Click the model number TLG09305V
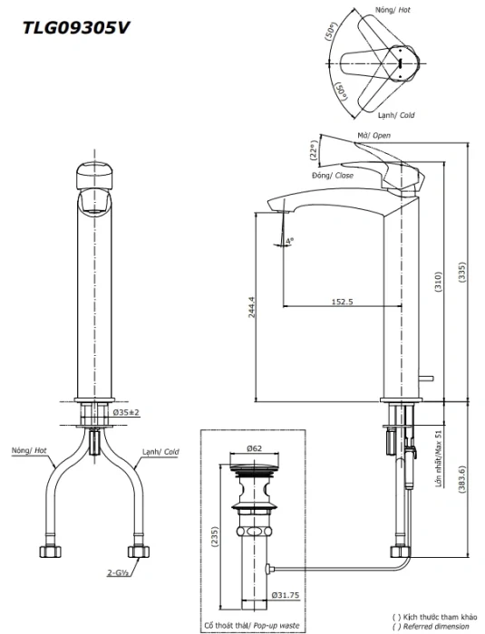(76, 28)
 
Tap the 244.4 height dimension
(252, 308)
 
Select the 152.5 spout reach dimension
(342, 302)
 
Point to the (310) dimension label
(439, 282)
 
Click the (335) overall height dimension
(462, 273)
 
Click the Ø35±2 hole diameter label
(126, 412)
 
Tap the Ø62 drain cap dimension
(254, 448)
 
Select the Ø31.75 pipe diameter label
(286, 595)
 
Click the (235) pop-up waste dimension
(215, 537)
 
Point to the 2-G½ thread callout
(119, 572)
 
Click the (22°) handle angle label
(315, 150)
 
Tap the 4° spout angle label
(289, 241)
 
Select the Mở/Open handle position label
(373, 135)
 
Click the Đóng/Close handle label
(333, 176)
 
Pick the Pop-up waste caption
(276, 625)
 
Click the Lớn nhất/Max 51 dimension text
(439, 458)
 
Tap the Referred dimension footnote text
(434, 627)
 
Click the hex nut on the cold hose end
(138, 552)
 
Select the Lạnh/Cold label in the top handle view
(396, 115)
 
